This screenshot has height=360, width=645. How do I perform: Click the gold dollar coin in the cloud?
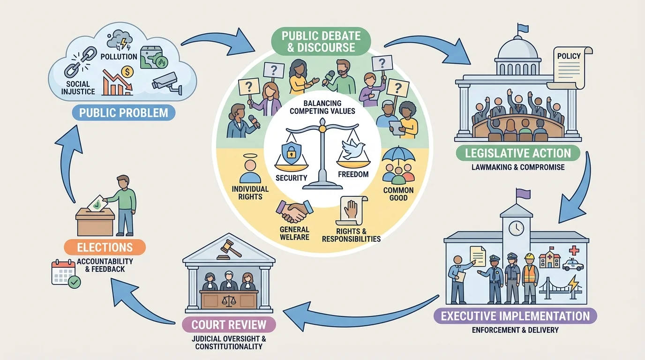[x=126, y=72]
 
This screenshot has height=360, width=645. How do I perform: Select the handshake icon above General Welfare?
[x=294, y=211]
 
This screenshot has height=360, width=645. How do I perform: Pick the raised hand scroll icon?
[x=352, y=210]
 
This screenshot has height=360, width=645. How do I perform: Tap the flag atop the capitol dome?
[x=522, y=29]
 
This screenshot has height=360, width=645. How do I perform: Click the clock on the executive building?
[x=516, y=228]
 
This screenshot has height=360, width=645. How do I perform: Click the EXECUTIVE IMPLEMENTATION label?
[x=515, y=315]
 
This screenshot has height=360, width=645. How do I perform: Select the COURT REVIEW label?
[x=228, y=324]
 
